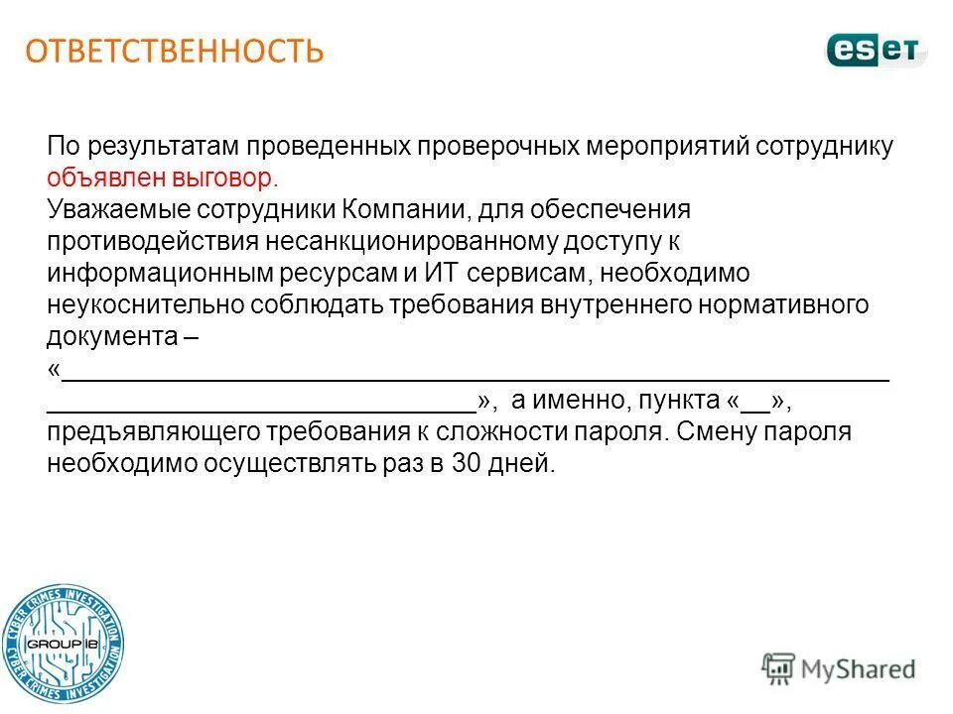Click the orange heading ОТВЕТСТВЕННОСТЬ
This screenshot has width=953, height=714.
pyautogui.click(x=175, y=51)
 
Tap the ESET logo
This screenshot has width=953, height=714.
pyautogui.click(x=876, y=50)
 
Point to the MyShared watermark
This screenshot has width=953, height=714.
pyautogui.click(x=839, y=669)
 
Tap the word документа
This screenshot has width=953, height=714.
pyautogui.click(x=111, y=336)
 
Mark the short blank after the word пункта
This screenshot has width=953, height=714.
pyautogui.click(x=754, y=403)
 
